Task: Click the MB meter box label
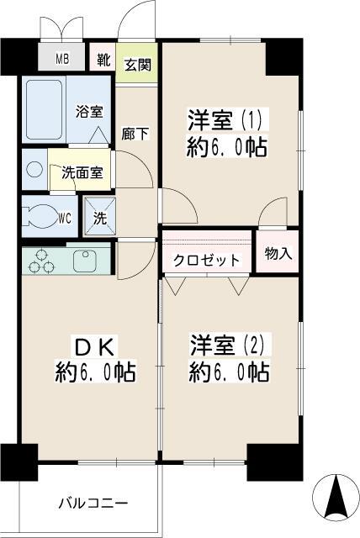point(62,58)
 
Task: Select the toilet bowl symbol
point(40,215)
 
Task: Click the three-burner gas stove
point(39,262)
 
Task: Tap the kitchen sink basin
point(86,261)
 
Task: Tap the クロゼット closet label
point(206,261)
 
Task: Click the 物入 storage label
point(278,253)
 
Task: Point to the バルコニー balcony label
point(92,504)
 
